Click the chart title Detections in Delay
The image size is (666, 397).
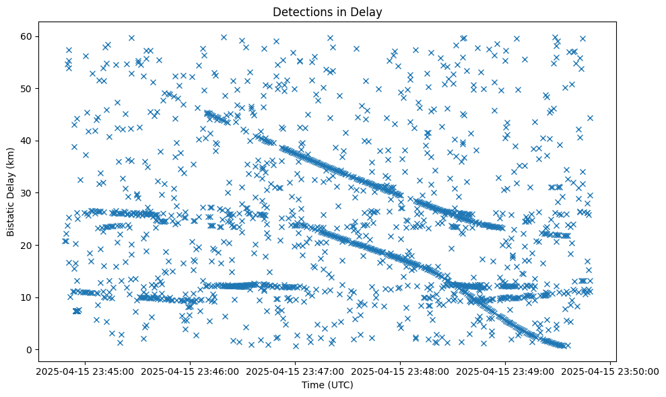pyautogui.click(x=327, y=11)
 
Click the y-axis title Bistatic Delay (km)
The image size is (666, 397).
pyautogui.click(x=11, y=192)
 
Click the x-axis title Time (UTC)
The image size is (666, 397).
pyautogui.click(x=327, y=385)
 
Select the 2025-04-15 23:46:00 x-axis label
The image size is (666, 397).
pyautogui.click(x=189, y=371)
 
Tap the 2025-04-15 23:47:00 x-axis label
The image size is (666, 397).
pyautogui.click(x=295, y=371)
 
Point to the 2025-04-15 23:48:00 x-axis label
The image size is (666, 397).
pyautogui.click(x=401, y=371)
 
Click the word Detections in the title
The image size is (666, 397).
pyautogui.click(x=296, y=11)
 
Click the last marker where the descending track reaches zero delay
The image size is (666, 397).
pyautogui.click(x=567, y=346)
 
